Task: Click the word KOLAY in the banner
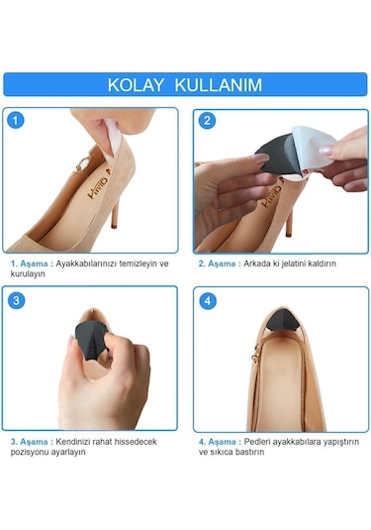coord(139,84)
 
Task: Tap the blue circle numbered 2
coord(207,121)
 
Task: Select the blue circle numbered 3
coord(17,300)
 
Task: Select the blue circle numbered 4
coord(207,300)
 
